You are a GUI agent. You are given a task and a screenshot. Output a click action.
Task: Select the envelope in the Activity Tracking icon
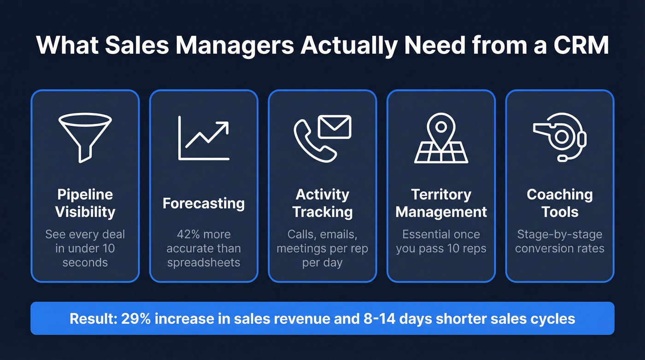pyautogui.click(x=334, y=126)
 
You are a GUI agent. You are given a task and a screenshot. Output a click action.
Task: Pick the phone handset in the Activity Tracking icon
pyautogui.click(x=310, y=141)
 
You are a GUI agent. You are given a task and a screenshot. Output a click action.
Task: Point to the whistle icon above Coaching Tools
pyautogui.click(x=559, y=138)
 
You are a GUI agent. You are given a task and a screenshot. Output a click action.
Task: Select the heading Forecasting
pyautogui.click(x=204, y=203)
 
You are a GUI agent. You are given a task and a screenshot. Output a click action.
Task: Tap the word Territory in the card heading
pyautogui.click(x=441, y=195)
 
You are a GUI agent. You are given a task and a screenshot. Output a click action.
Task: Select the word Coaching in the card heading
pyautogui.click(x=560, y=195)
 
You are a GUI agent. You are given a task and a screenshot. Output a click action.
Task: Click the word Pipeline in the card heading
pyautogui.click(x=85, y=195)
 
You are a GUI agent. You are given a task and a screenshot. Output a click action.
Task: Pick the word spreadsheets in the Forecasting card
pyautogui.click(x=204, y=263)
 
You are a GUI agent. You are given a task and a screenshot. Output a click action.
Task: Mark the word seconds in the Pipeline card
pyautogui.click(x=85, y=263)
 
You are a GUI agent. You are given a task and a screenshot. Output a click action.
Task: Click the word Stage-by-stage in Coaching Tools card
pyautogui.click(x=560, y=234)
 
